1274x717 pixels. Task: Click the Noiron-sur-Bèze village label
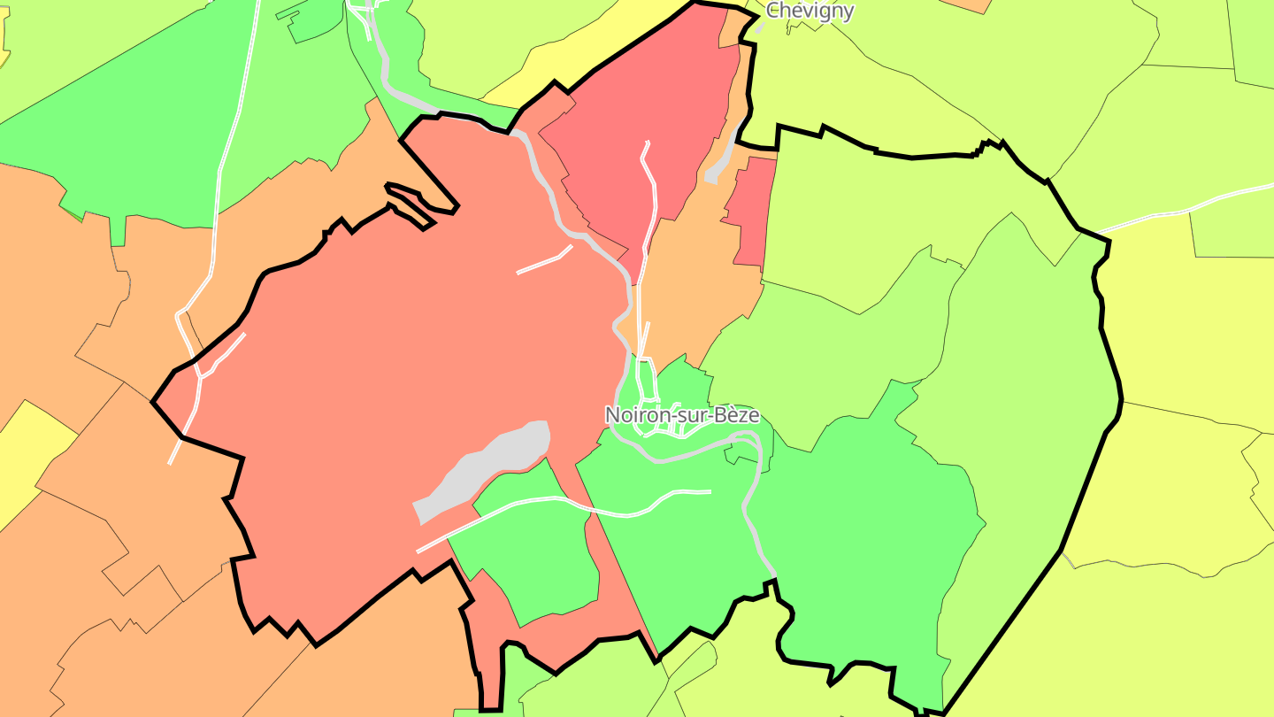click(681, 414)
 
